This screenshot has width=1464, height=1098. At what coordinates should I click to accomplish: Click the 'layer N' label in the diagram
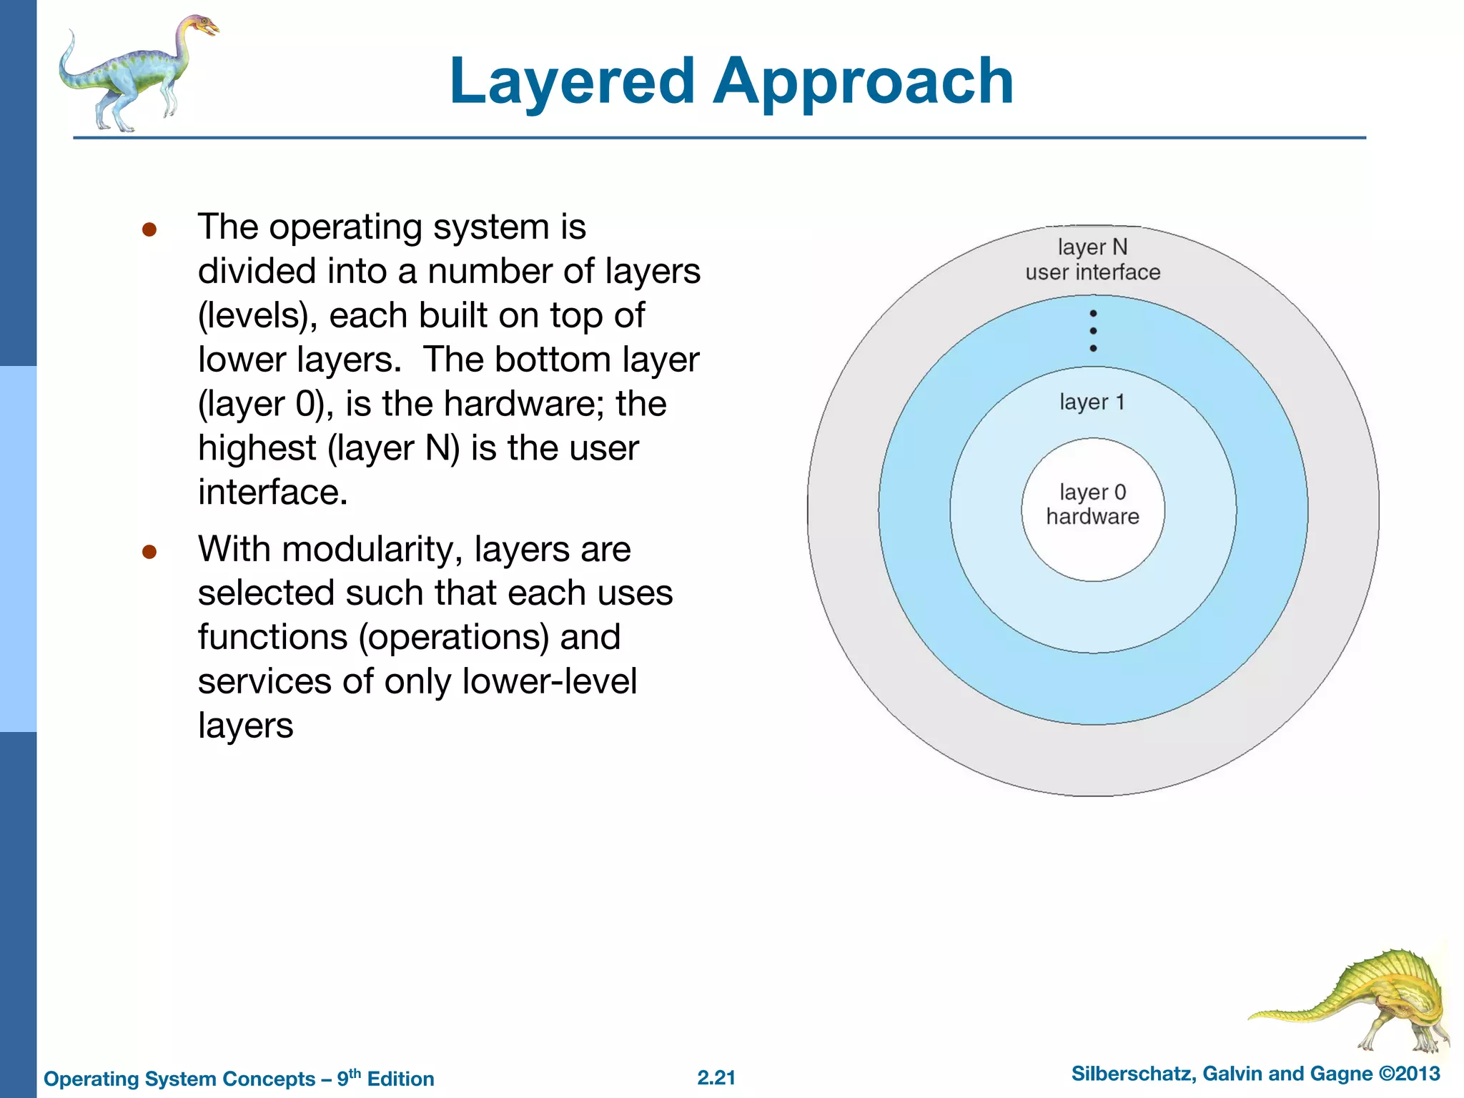1092,247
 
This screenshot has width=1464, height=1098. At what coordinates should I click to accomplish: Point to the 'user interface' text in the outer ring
1092,272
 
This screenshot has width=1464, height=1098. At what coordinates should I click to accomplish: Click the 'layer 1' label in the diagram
1092,402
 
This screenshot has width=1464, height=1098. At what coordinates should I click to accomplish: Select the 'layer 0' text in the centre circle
1092,492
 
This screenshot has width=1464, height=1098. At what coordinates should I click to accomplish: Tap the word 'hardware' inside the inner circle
1092,516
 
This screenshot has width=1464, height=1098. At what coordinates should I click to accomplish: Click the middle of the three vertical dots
1093,331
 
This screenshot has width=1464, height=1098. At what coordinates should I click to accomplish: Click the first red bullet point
149,229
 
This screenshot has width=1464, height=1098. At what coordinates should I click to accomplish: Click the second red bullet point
149,552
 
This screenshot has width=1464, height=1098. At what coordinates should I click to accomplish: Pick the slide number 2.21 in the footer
716,1078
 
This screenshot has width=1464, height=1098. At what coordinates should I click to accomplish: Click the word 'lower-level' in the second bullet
549,681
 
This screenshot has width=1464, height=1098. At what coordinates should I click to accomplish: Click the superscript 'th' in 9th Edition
355,1073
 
